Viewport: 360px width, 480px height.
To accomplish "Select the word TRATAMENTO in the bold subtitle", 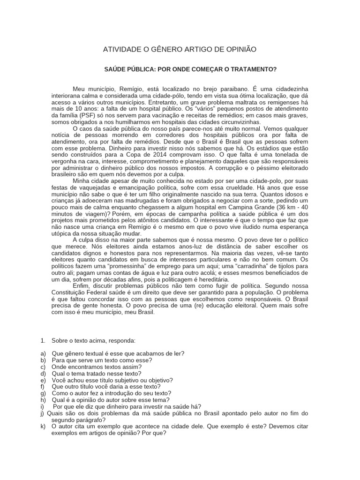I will [253, 69].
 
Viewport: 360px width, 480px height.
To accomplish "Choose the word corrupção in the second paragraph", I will [216, 168].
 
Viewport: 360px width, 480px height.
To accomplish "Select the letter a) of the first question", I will [43, 353].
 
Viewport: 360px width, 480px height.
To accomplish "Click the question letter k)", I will [43, 426].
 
